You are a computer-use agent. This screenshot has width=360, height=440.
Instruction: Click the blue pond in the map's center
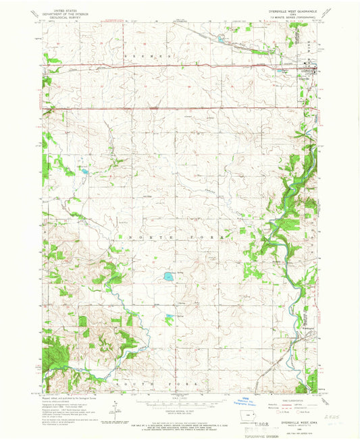point(166,276)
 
